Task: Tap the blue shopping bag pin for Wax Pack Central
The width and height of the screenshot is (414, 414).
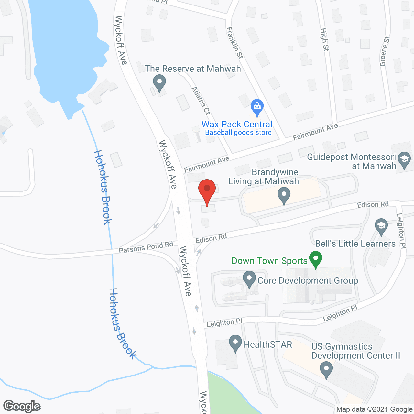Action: pos(257,107)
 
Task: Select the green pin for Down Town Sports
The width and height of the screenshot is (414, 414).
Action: pos(316,259)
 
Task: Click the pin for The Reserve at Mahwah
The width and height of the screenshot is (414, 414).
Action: pos(159,82)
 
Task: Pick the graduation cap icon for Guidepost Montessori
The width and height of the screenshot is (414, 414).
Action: pos(404,160)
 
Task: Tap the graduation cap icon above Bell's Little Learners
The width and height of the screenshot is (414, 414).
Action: pos(381,226)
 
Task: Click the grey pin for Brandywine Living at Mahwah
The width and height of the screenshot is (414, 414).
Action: pos(284,196)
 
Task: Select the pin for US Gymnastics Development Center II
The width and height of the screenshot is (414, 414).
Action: pos(326,369)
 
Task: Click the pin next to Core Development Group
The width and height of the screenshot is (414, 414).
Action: pos(249,279)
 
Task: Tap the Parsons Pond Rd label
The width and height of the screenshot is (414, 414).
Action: pos(146,247)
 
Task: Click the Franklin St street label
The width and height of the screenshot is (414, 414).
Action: pos(234,43)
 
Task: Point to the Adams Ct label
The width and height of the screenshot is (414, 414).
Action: pos(201,101)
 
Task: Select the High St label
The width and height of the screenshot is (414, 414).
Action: pos(324,39)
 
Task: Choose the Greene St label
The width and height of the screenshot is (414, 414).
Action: pos(385,51)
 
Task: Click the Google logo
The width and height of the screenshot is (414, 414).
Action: pos(22,406)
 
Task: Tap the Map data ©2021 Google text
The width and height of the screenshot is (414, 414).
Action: pos(374,409)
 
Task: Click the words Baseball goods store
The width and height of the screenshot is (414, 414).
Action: pos(238,133)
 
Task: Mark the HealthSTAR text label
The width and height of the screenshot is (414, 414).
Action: pos(268,345)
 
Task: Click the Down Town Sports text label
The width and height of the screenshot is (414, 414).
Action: pos(269,261)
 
